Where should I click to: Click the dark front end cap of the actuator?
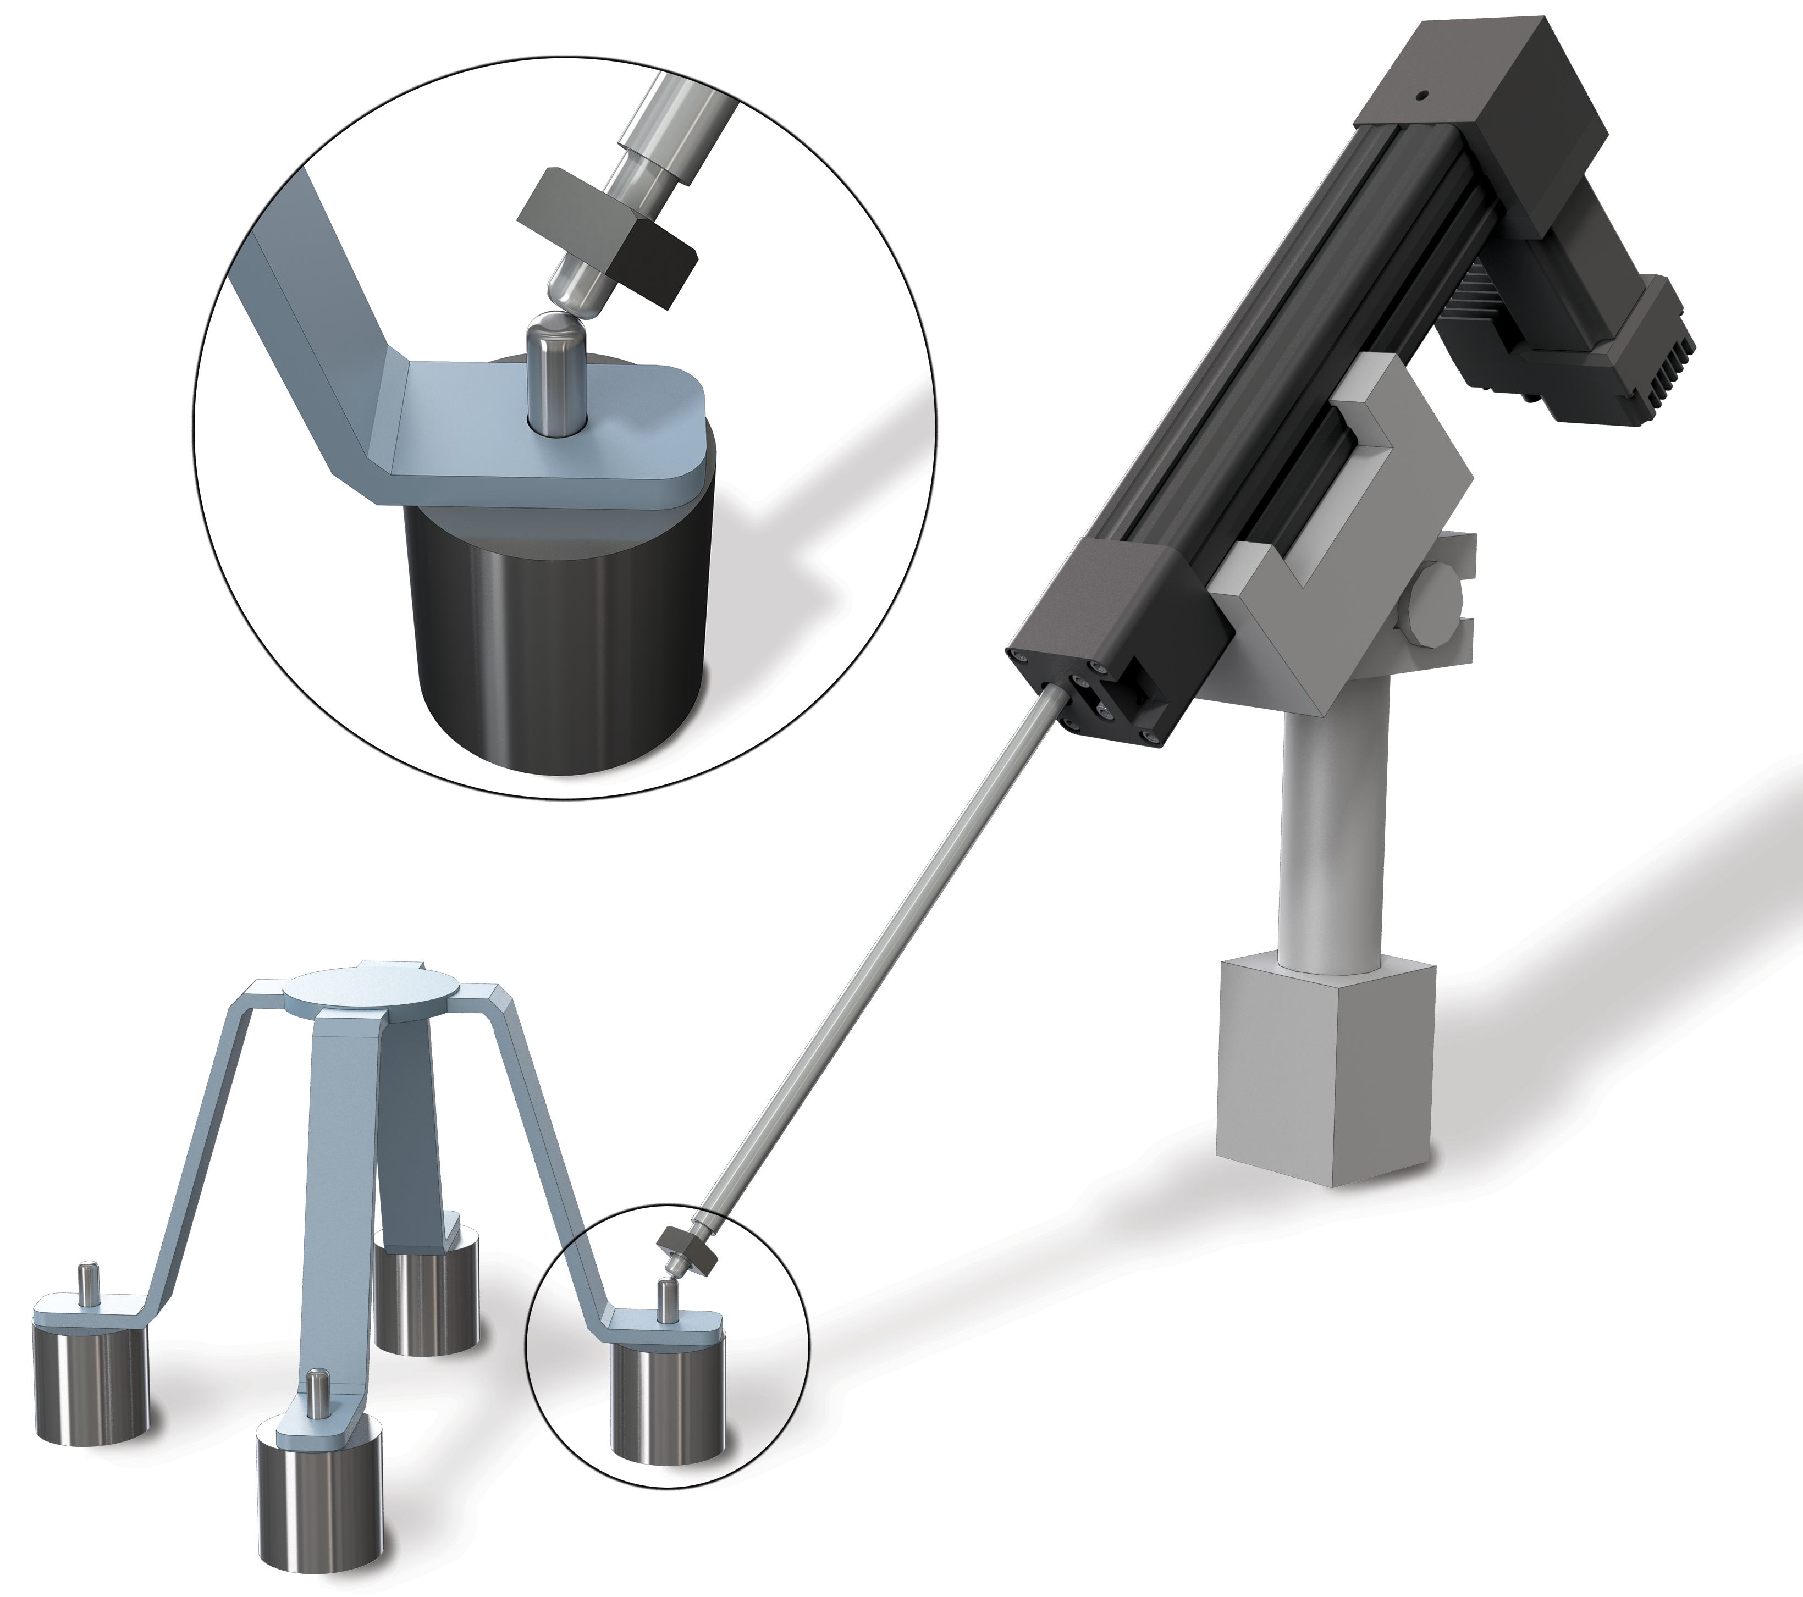coord(1107,635)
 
